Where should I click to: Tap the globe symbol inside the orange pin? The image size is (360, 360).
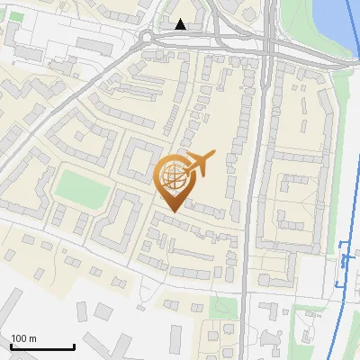[x=171, y=177]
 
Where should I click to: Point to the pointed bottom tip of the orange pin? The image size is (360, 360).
[x=171, y=211]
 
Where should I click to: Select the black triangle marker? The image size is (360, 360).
[x=182, y=25]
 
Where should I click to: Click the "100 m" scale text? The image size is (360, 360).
[x=23, y=338]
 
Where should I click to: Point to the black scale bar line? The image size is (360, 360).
[x=42, y=346]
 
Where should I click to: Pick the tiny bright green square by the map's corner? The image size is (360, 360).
[x=16, y=16]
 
